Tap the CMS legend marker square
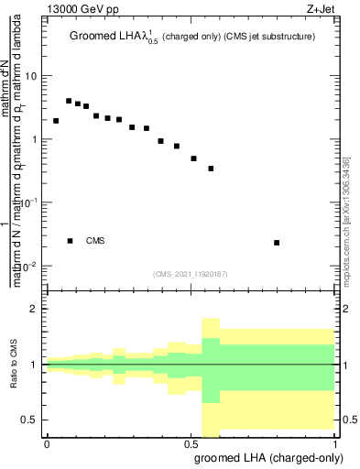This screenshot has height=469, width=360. coord(70,241)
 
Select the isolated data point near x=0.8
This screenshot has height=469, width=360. coord(277,243)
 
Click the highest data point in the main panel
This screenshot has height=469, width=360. coord(69,101)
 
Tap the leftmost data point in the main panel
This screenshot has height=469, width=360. coord(56,121)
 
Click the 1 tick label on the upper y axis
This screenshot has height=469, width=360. coord(35,139)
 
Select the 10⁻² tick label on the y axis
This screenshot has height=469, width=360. coord(29,266)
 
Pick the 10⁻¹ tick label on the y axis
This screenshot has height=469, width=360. coord(29,202)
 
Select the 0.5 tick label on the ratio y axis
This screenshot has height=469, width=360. coord(30,420)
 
